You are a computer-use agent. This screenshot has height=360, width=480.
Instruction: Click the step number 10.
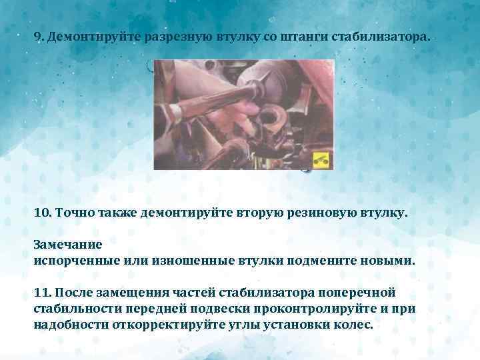click(42, 213)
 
